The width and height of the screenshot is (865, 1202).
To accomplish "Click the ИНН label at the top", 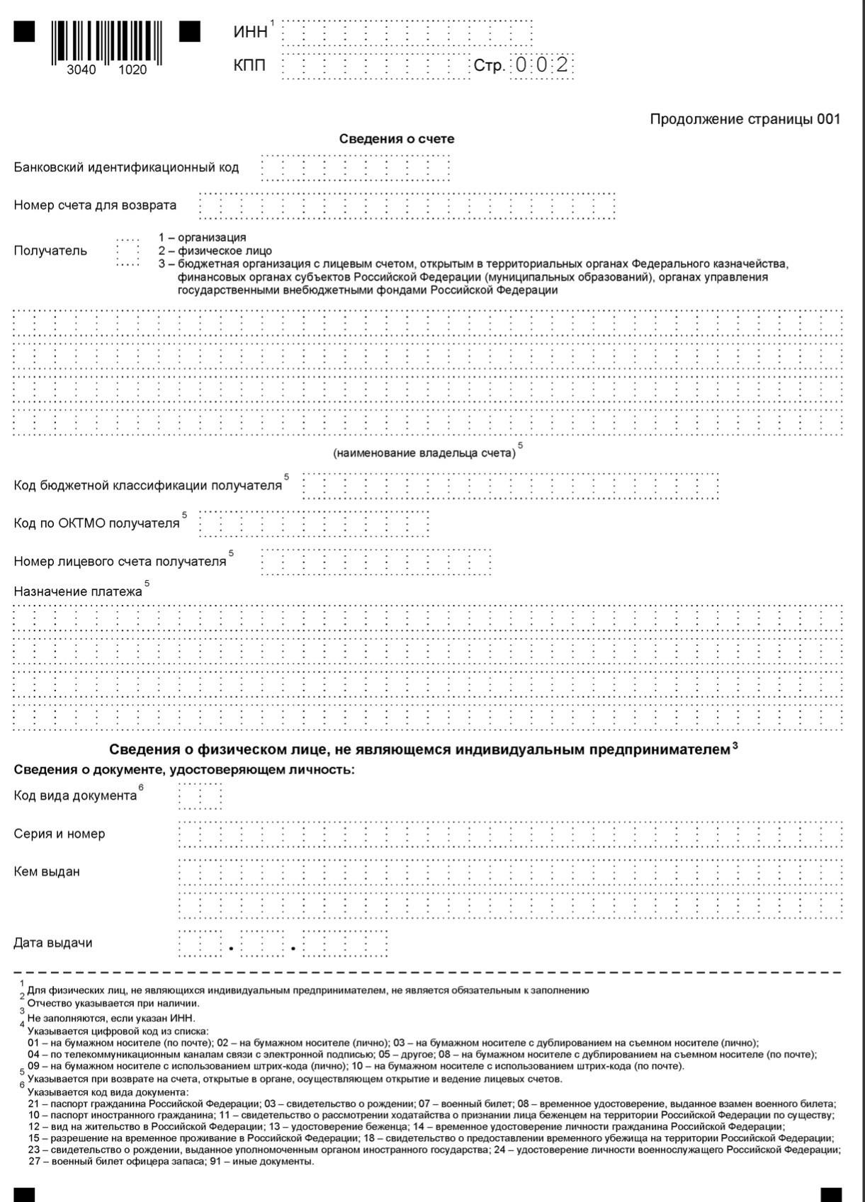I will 250,32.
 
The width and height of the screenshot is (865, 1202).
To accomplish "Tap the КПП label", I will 249,66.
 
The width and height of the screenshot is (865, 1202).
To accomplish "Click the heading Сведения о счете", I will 397,139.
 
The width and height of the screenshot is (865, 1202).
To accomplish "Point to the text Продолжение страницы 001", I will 745,119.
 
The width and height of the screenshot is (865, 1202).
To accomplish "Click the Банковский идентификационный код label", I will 126,168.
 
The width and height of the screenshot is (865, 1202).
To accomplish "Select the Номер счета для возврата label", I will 95,205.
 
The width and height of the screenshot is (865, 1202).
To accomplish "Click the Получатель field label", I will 50,251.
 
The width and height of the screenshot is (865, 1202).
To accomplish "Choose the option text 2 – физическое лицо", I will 215,251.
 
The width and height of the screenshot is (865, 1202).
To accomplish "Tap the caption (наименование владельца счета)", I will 424,453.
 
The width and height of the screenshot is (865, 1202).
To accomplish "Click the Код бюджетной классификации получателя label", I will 147,486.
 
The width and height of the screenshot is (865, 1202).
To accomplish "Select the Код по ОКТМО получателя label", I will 96,523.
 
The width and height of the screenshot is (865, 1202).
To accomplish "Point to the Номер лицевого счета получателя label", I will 120,562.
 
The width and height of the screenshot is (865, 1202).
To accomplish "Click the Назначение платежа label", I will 78,591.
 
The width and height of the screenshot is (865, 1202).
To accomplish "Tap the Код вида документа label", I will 75,795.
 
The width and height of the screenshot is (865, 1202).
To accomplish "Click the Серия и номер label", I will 60,834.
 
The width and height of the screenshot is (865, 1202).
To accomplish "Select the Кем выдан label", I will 47,872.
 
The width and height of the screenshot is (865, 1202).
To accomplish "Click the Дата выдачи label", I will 53,943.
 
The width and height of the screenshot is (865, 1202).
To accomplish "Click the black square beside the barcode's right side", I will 190,32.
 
